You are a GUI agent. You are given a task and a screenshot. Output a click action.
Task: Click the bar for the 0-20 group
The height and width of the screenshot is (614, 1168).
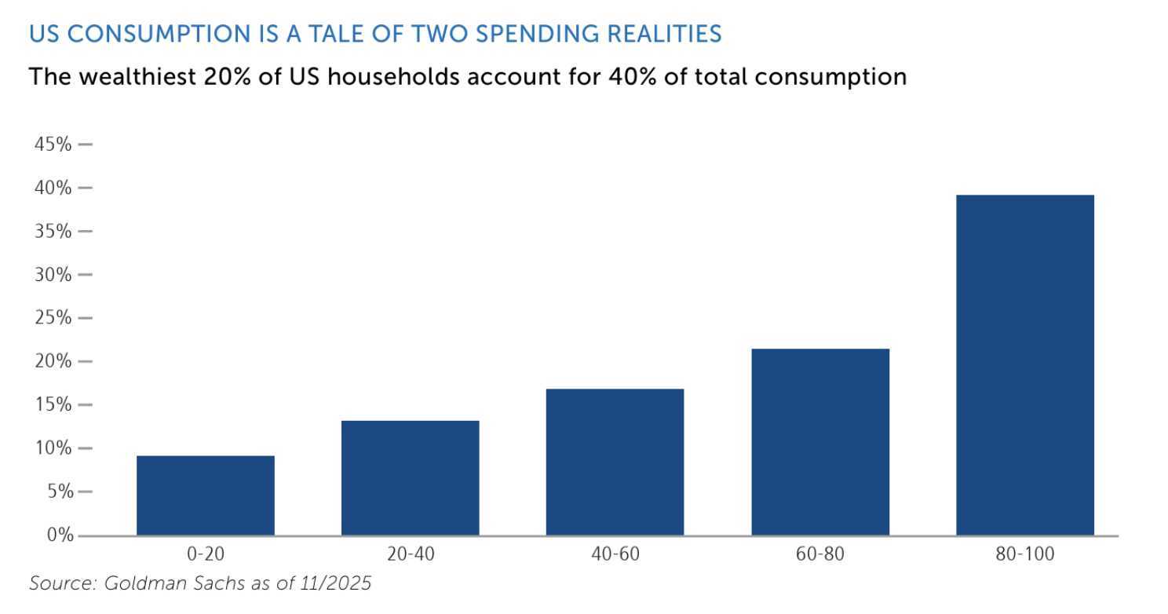pyautogui.click(x=205, y=495)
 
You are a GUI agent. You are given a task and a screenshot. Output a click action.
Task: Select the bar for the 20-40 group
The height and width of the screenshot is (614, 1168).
pyautogui.click(x=410, y=478)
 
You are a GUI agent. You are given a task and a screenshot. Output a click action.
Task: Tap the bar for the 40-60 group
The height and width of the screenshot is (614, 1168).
pyautogui.click(x=615, y=462)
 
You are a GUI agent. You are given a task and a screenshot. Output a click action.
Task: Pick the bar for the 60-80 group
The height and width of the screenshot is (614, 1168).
pyautogui.click(x=819, y=442)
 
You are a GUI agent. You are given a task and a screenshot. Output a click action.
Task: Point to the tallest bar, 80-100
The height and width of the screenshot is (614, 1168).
pyautogui.click(x=1024, y=365)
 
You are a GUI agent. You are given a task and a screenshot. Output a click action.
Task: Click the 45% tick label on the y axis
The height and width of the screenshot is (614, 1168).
pyautogui.click(x=51, y=144)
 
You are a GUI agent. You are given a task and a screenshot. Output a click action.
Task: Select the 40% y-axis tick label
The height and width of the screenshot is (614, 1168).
pyautogui.click(x=51, y=188)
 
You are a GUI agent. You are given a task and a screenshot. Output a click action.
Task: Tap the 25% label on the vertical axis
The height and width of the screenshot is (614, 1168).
pyautogui.click(x=51, y=318)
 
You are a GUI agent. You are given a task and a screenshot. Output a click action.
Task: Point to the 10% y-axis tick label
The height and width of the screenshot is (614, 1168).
pyautogui.click(x=51, y=448)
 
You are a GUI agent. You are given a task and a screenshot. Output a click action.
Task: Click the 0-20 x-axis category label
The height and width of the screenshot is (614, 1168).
pyautogui.click(x=205, y=555)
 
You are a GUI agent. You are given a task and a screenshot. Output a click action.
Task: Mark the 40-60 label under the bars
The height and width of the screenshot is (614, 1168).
pyautogui.click(x=615, y=555)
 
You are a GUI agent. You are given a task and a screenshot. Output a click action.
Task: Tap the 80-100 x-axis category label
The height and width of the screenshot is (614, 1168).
pyautogui.click(x=1024, y=555)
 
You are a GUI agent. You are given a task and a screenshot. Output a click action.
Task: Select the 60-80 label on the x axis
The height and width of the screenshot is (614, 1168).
pyautogui.click(x=819, y=555)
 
